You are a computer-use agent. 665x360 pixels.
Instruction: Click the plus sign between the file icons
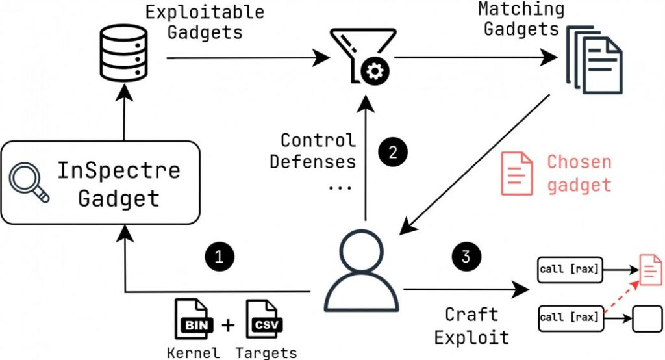[227, 324]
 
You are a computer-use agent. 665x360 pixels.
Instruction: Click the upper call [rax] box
[570, 268]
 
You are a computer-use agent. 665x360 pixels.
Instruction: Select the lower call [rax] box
[570, 318]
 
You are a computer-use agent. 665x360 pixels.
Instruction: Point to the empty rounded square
[644, 318]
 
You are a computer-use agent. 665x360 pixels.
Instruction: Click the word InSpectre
[118, 171]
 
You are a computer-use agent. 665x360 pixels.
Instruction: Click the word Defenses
[313, 162]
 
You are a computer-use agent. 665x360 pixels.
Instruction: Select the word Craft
[471, 315]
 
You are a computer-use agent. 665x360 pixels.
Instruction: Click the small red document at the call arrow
[650, 269]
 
